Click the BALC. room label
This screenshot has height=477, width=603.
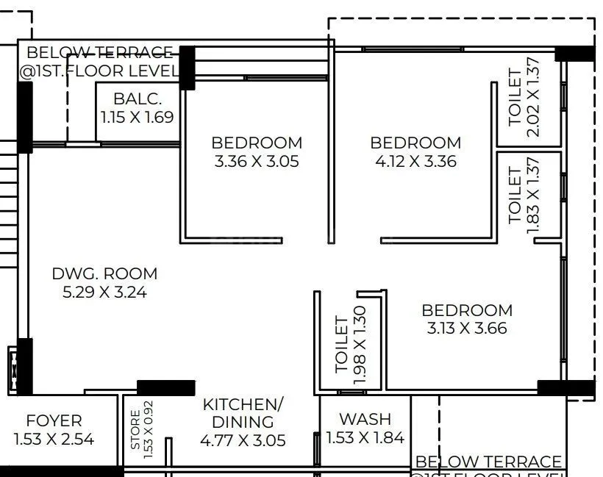click(138, 98)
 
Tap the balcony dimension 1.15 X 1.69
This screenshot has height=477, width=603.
click(138, 116)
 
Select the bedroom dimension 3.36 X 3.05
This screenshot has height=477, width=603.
click(257, 161)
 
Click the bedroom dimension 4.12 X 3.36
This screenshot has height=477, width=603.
click(415, 161)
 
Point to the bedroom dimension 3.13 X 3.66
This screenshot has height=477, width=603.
click(467, 329)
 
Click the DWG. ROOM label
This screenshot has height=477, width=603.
click(104, 273)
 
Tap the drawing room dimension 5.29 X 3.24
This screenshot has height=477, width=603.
click(104, 292)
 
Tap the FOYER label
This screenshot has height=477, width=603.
click(54, 421)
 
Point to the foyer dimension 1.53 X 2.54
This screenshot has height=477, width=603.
click(54, 440)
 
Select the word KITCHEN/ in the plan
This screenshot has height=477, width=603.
click(242, 404)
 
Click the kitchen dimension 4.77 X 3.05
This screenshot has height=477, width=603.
click(242, 440)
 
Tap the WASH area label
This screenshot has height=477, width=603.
click(365, 419)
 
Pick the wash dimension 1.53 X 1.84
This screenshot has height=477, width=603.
click(365, 438)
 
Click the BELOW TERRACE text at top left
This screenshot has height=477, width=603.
click(99, 52)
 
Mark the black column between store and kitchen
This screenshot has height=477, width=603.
click(166, 387)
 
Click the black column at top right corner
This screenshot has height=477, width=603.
click(574, 53)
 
